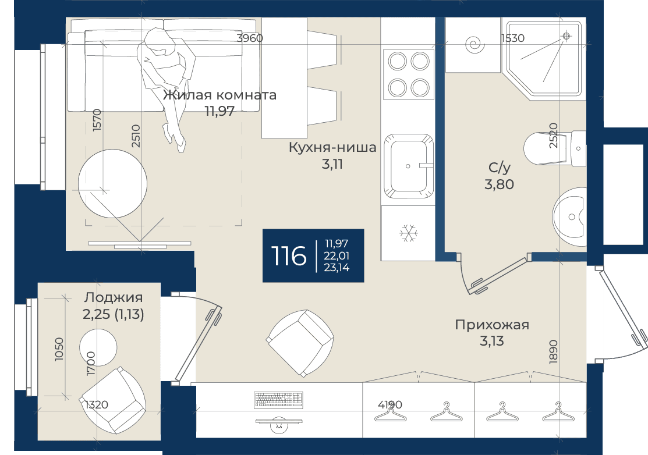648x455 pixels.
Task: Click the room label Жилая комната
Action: (x=219, y=95)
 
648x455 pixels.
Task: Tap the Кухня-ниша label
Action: (x=332, y=147)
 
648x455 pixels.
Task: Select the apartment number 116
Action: (x=288, y=255)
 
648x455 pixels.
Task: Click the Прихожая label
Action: (x=492, y=325)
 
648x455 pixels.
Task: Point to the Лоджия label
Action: (x=113, y=297)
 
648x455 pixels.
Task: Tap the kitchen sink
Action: (x=408, y=166)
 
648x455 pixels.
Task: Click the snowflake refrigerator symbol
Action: (x=409, y=233)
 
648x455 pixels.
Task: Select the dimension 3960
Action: (x=250, y=38)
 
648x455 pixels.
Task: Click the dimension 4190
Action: (x=389, y=404)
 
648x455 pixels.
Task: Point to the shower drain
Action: (x=566, y=36)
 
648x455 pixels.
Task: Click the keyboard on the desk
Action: (x=278, y=399)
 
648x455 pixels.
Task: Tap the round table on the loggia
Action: (x=98, y=347)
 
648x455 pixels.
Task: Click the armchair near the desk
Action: (x=300, y=343)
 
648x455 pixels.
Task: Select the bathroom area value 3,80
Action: (x=499, y=184)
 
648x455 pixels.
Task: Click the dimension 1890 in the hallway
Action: (x=553, y=352)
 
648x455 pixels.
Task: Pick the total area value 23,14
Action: (x=337, y=268)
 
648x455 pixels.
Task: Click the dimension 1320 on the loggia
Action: (x=96, y=404)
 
